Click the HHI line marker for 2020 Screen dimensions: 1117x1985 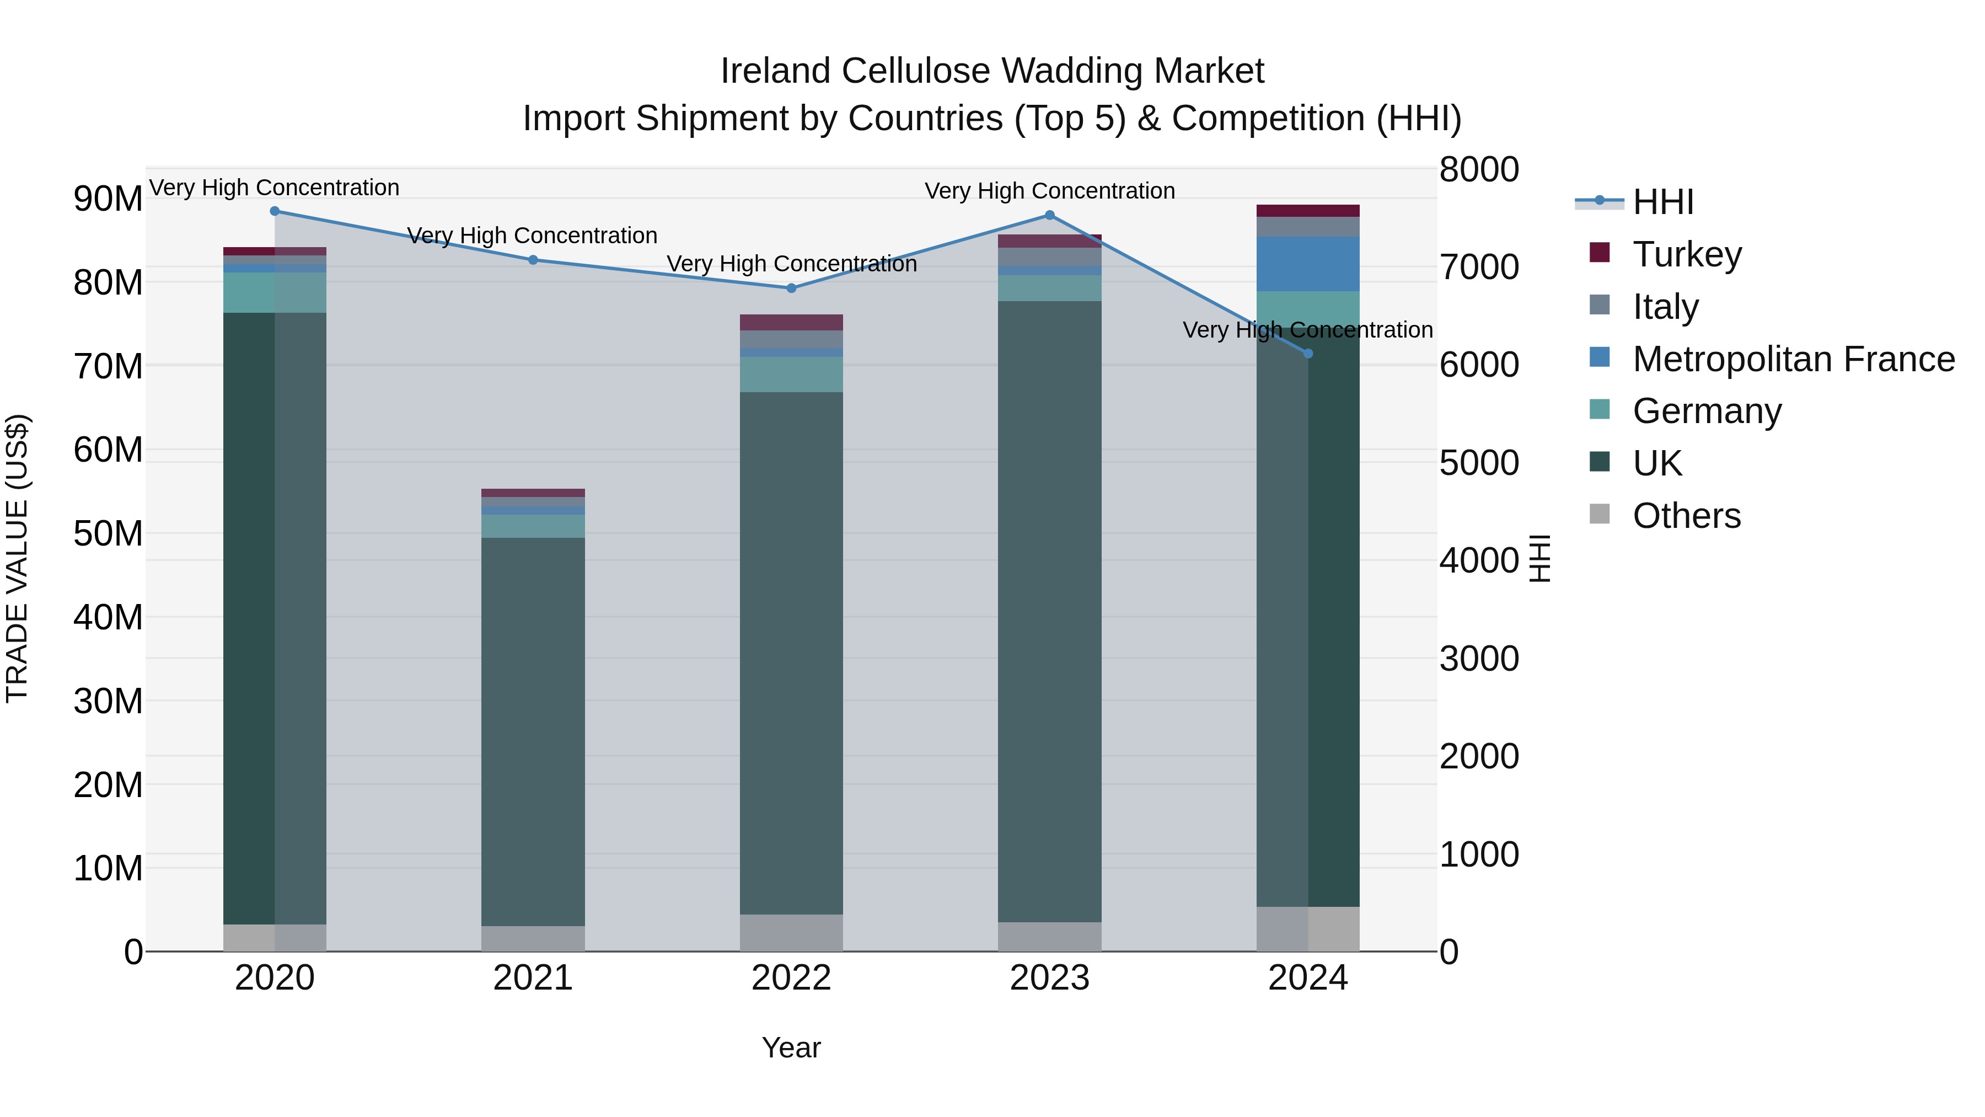pyautogui.click(x=275, y=211)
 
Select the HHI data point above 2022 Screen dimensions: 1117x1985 pyautogui.click(x=791, y=288)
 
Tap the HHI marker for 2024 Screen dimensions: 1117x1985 pyautogui.click(x=1308, y=354)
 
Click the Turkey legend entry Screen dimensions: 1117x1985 pyautogui.click(x=1686, y=254)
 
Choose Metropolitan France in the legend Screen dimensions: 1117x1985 pyautogui.click(x=1793, y=359)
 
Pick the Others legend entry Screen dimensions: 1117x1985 pyautogui.click(x=1686, y=516)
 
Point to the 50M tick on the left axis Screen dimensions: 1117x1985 pyautogui.click(x=108, y=533)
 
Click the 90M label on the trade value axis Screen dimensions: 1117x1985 pyautogui.click(x=108, y=199)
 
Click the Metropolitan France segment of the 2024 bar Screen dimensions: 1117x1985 pyautogui.click(x=1308, y=264)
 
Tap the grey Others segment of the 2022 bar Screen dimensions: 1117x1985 pyautogui.click(x=791, y=933)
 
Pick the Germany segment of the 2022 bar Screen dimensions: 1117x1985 pyautogui.click(x=791, y=375)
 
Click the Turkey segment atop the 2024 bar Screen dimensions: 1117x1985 pyautogui.click(x=1308, y=211)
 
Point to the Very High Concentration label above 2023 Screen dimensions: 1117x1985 pyautogui.click(x=1049, y=191)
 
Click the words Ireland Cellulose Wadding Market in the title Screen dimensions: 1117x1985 pyautogui.click(x=992, y=71)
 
